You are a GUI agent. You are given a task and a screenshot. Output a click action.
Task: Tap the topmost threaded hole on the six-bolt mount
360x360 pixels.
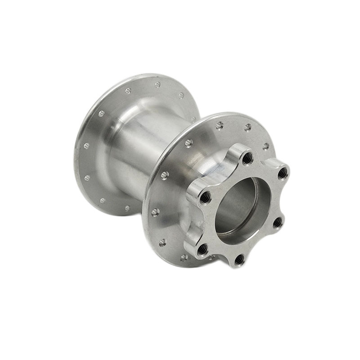coord(247,157)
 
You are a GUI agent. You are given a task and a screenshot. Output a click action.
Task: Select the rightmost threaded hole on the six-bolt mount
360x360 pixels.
coord(282,174)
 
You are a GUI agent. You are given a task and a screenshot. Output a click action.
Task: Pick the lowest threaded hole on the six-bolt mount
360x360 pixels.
coord(239,259)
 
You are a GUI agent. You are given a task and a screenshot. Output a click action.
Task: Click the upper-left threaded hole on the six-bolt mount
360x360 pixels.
coord(205,196)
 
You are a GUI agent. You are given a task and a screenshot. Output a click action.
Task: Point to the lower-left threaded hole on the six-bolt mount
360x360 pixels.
coord(202,248)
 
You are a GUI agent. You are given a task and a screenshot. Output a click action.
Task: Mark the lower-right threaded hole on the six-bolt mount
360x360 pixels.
coord(278,222)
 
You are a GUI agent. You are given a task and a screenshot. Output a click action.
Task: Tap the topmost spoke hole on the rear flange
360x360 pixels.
coord(157,84)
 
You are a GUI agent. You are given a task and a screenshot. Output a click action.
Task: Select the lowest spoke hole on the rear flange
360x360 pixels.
coord(127,208)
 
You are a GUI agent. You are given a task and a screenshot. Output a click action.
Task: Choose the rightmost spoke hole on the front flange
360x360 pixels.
coord(266,146)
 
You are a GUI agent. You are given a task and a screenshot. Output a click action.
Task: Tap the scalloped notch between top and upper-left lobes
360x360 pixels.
coord(224,169)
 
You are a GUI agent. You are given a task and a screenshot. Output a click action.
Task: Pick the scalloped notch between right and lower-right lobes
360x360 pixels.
coord(283,198)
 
